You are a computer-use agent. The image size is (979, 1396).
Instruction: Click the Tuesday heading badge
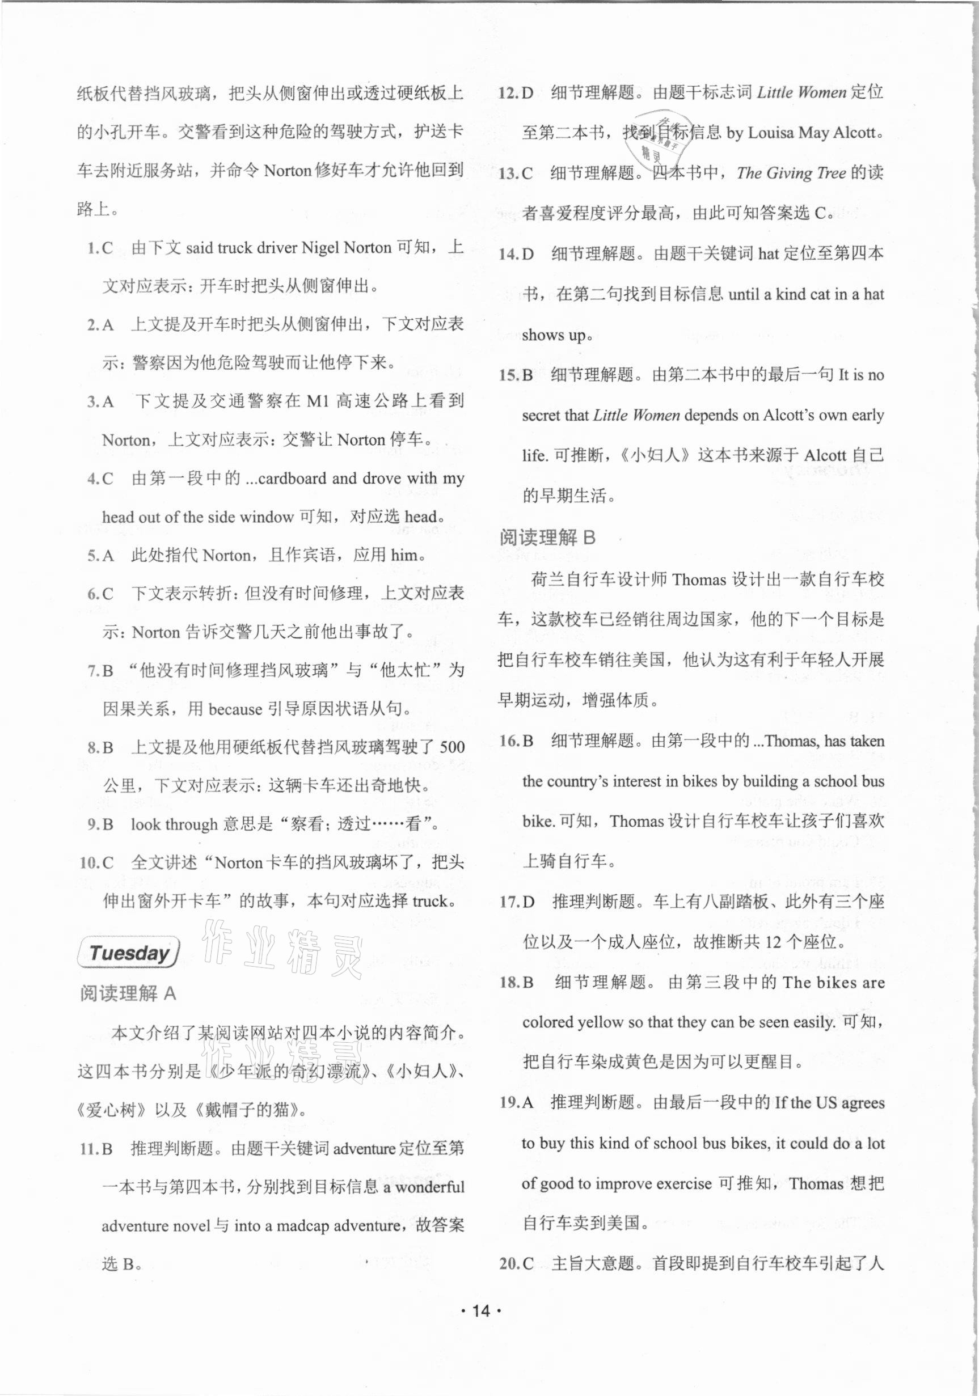pos(128,953)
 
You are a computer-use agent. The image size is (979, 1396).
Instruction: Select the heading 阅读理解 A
pos(128,993)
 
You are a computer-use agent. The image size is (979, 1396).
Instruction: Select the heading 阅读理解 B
pos(547,537)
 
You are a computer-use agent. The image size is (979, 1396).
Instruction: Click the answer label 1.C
pos(100,248)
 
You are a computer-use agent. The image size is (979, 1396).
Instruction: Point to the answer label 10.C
pos(96,863)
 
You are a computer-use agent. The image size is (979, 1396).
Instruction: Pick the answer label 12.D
pos(515,93)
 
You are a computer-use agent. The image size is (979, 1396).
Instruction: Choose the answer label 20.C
pos(516,1263)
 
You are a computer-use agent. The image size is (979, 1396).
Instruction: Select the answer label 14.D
pos(516,254)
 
